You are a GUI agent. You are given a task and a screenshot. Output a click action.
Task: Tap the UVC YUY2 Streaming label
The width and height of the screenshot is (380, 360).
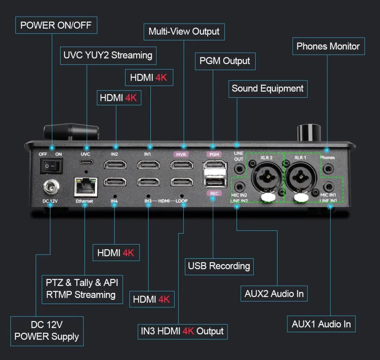[x=108, y=55]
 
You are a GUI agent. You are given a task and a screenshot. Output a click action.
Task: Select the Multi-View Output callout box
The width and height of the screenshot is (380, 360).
[x=184, y=31]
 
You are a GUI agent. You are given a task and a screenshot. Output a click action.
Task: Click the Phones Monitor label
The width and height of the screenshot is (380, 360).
[x=328, y=46]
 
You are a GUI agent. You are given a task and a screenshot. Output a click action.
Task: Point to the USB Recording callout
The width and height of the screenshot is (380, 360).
[x=219, y=266]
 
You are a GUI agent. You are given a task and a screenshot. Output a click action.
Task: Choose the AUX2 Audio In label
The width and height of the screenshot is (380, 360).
[x=274, y=294]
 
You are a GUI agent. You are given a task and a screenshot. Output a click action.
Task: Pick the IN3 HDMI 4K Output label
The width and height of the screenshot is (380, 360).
[x=182, y=331]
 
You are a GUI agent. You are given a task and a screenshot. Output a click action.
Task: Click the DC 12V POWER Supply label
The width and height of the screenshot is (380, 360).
[x=47, y=331]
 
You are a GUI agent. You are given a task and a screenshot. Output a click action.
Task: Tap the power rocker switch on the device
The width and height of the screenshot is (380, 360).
[x=51, y=167]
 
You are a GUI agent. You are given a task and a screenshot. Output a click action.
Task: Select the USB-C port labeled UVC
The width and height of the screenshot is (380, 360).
[x=85, y=162]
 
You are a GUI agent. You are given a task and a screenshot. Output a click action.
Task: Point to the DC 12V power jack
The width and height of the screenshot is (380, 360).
[x=50, y=186]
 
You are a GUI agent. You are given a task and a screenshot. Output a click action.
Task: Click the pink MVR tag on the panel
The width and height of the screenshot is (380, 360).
[x=182, y=154]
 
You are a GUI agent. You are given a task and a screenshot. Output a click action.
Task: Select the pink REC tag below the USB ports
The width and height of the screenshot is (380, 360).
[x=213, y=193]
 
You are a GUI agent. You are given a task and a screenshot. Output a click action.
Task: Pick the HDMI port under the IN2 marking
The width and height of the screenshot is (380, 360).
[x=115, y=164]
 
